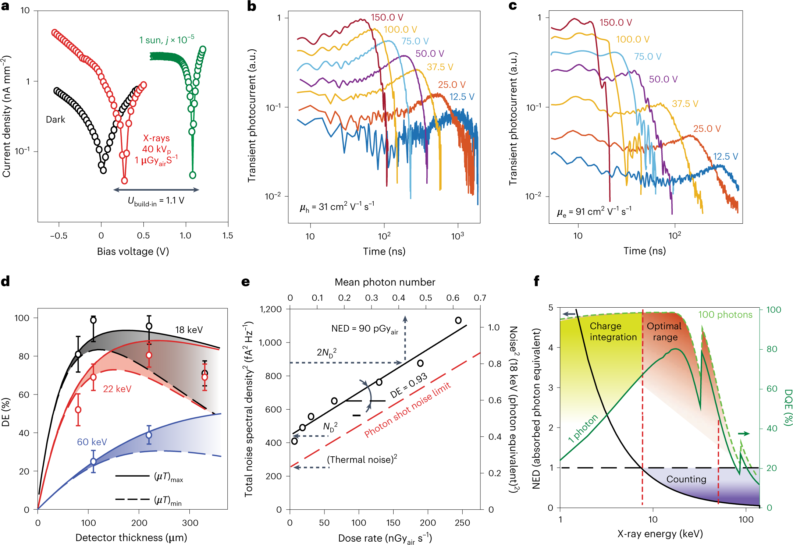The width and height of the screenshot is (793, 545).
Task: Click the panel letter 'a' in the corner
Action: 5,6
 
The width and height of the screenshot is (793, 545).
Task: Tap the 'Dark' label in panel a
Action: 55,120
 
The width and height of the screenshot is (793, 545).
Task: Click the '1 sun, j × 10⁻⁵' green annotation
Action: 166,40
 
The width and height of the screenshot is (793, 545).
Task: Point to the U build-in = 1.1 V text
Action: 156,201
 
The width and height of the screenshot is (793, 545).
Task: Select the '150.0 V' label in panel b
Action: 387,17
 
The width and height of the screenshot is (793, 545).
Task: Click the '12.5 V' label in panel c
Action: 725,156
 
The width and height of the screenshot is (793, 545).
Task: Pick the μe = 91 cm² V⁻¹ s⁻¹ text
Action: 594,212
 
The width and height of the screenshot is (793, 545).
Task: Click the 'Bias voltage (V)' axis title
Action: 133,251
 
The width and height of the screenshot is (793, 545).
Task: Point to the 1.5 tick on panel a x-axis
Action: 228,236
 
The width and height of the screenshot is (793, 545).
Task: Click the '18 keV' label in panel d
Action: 189,330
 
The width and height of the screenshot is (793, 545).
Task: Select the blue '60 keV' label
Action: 92,442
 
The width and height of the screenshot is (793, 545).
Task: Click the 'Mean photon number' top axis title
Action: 385,282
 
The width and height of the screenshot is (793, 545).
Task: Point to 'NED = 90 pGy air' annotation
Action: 365,329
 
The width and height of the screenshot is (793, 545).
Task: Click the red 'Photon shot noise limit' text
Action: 407,410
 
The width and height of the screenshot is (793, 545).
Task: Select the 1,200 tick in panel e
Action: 271,309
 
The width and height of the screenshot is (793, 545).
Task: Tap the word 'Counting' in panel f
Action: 686,479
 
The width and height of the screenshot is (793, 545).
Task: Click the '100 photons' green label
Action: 725,315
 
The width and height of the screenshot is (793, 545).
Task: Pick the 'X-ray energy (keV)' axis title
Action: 660,534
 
